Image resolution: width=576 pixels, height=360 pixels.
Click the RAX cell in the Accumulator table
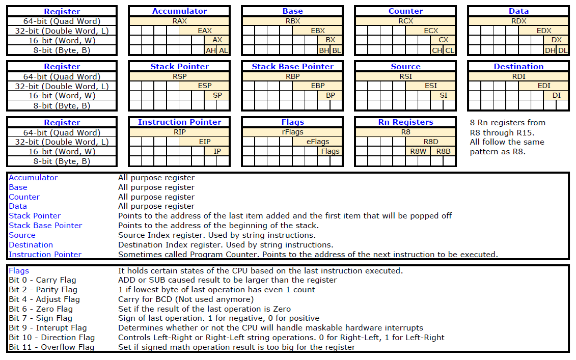(x=179, y=21)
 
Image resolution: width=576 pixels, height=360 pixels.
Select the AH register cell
(x=210, y=50)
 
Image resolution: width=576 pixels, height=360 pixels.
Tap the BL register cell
(x=336, y=50)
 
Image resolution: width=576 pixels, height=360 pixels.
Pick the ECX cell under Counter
(x=431, y=31)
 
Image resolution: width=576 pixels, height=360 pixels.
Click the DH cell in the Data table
(x=550, y=50)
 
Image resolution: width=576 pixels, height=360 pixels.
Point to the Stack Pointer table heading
(x=179, y=67)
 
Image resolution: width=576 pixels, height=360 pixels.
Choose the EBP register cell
(x=318, y=86)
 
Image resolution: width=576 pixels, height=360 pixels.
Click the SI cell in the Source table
(x=443, y=95)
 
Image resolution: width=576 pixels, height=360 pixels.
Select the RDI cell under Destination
(x=518, y=76)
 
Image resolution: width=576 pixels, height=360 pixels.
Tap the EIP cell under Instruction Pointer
(x=204, y=142)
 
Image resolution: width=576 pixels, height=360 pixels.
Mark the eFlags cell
(x=317, y=142)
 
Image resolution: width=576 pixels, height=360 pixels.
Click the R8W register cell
(x=418, y=151)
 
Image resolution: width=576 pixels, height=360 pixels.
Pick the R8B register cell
(x=443, y=151)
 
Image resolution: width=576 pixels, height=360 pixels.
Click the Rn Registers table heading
(x=405, y=122)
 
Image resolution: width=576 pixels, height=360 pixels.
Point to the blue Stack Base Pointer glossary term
(x=45, y=226)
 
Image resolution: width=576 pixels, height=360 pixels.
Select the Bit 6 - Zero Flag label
(x=41, y=309)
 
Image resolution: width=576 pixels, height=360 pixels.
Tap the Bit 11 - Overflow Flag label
(x=51, y=347)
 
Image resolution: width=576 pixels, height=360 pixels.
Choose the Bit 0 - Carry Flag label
(x=42, y=280)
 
